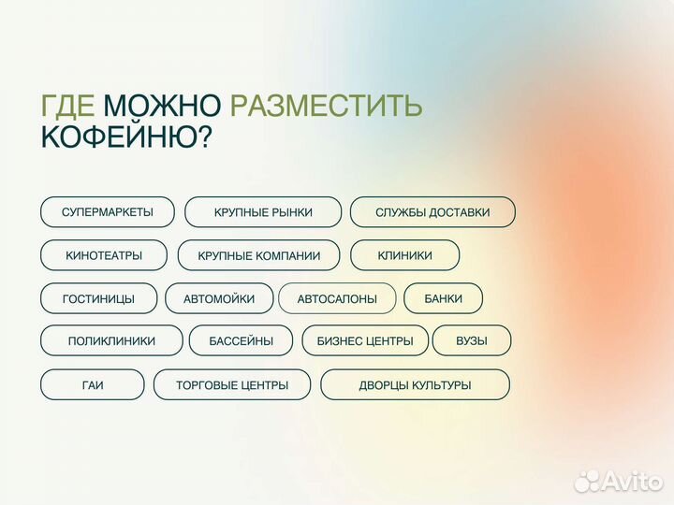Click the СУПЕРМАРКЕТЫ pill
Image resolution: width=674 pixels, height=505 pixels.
click(108, 212)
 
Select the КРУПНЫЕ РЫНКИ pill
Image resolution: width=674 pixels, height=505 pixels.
click(263, 212)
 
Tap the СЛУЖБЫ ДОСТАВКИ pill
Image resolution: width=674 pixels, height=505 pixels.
click(432, 212)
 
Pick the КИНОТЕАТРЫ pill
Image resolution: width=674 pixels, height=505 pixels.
click(104, 255)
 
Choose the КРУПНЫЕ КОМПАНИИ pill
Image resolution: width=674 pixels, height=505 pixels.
click(259, 255)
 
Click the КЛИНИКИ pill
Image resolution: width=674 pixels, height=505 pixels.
click(405, 255)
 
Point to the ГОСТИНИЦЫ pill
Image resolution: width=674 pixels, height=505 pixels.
click(98, 298)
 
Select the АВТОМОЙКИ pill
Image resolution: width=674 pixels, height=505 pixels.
click(219, 298)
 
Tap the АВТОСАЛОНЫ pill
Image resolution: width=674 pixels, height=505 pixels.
click(337, 298)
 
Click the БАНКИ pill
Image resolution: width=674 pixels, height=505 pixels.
click(444, 298)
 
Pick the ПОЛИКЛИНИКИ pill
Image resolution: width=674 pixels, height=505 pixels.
click(111, 341)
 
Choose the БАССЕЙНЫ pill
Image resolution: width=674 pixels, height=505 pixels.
click(242, 341)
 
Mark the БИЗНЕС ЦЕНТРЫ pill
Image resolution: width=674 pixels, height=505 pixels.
click(365, 341)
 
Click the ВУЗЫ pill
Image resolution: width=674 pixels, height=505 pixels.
click(472, 341)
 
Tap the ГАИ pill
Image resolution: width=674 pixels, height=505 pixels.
click(92, 384)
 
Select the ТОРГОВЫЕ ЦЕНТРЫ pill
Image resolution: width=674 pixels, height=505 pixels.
click(232, 384)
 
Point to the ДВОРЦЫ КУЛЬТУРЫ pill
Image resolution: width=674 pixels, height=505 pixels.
click(415, 384)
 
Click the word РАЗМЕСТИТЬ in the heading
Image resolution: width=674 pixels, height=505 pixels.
click(326, 106)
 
